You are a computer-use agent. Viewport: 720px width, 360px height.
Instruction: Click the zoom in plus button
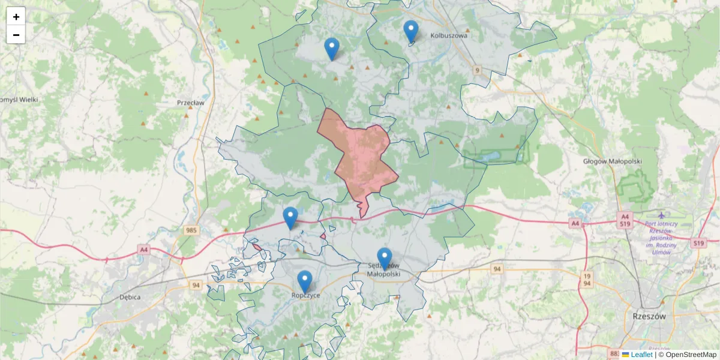tap(16, 17)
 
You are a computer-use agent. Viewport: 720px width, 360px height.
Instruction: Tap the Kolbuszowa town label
tap(448, 35)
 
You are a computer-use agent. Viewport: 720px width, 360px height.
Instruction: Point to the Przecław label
tap(191, 103)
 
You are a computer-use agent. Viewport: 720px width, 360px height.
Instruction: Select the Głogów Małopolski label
tap(613, 161)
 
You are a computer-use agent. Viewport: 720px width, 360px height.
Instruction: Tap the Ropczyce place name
tap(305, 295)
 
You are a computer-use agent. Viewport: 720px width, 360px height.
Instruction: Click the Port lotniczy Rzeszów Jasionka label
tap(661, 238)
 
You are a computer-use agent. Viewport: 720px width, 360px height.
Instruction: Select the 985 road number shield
tap(191, 230)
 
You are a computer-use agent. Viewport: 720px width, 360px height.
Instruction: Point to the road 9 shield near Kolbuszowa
tap(477, 71)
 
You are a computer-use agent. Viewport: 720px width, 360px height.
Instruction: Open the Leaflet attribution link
tap(641, 355)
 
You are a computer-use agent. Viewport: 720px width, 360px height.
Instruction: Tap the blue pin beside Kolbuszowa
tap(410, 31)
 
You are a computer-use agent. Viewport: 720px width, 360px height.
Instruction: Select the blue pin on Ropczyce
tap(305, 281)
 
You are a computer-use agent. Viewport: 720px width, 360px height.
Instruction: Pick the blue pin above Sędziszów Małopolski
tap(384, 258)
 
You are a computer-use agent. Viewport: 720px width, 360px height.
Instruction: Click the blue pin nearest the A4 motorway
tap(290, 217)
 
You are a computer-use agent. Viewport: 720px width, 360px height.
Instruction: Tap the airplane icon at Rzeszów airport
tap(661, 215)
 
